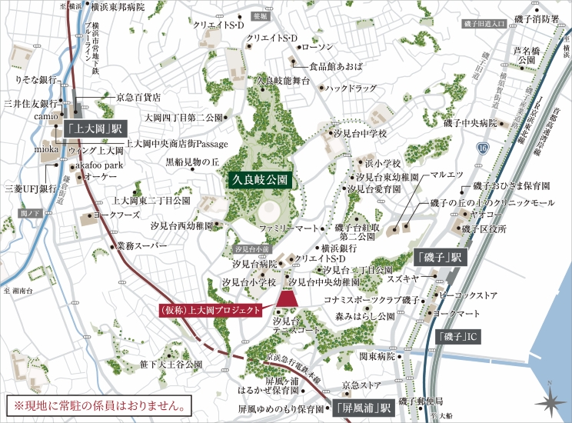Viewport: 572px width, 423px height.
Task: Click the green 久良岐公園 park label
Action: tap(261, 180)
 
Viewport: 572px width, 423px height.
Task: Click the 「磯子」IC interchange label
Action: tap(461, 337)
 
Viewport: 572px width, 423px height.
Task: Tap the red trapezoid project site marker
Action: tap(288, 298)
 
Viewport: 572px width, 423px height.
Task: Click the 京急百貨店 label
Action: tap(138, 98)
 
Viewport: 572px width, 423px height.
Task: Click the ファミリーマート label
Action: tap(288, 229)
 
